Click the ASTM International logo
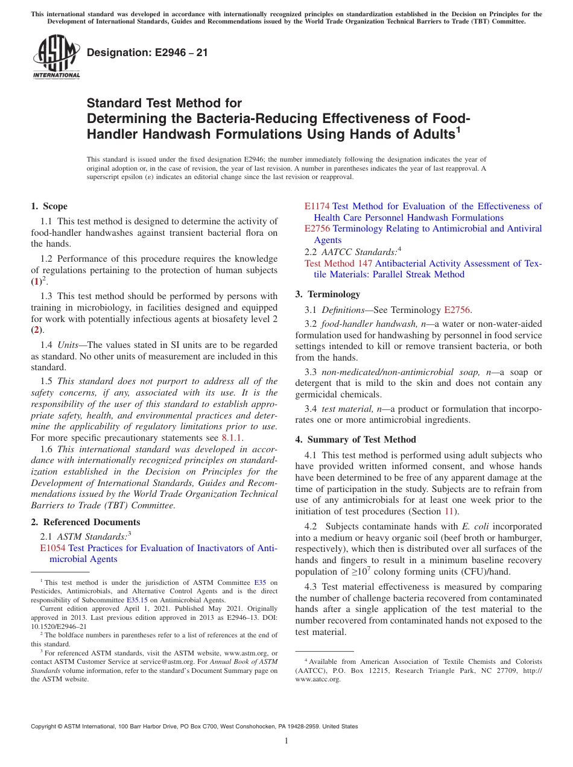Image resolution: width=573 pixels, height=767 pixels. coord(56,58)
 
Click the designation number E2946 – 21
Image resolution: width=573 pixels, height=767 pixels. coord(147,52)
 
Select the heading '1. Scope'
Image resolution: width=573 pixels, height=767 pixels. coord(49,206)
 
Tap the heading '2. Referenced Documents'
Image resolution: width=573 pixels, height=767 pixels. coord(85,522)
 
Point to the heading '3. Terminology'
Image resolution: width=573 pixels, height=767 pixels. coord(328,294)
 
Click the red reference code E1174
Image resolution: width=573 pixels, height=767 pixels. coord(317,206)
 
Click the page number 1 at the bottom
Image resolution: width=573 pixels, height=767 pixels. coord(286,740)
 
